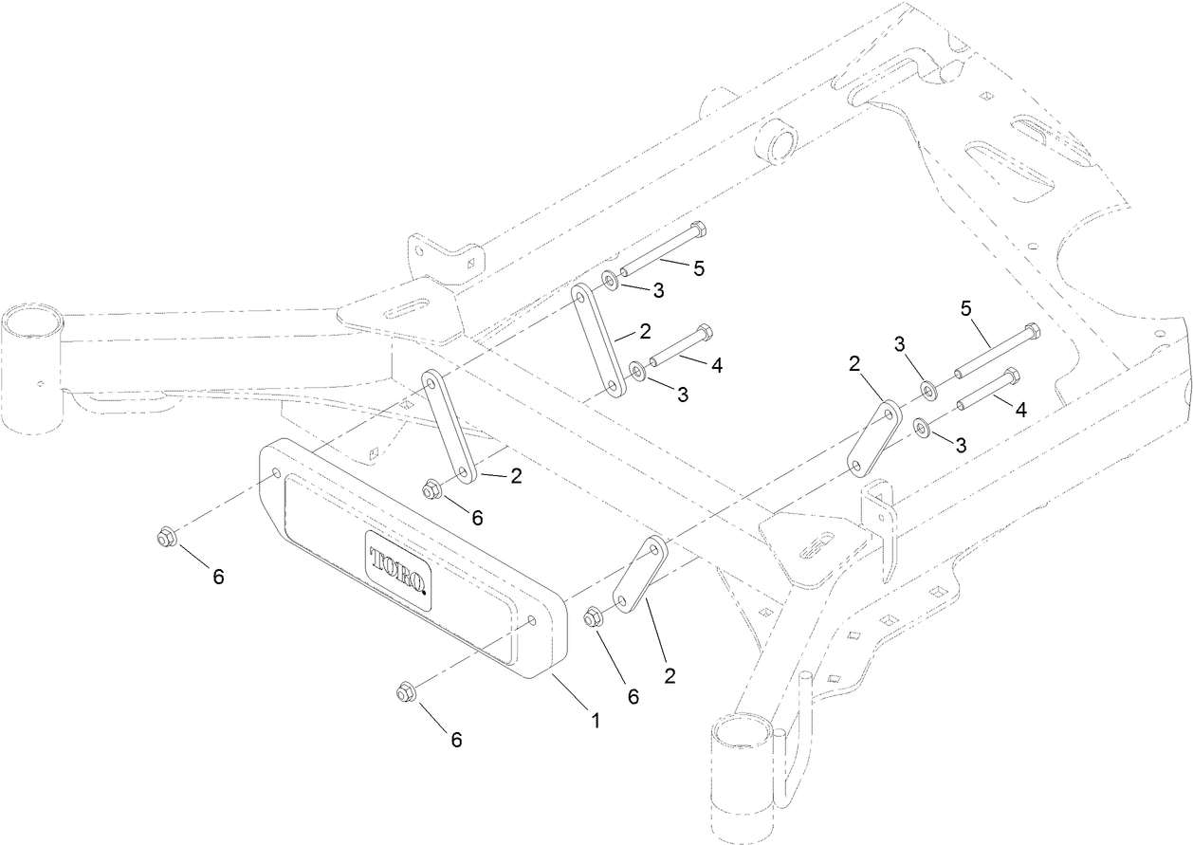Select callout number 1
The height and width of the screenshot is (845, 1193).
(596, 720)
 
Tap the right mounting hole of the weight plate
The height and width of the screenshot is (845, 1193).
(531, 623)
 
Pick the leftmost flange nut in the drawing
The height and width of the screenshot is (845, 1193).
(164, 538)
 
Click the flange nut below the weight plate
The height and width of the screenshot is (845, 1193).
(403, 693)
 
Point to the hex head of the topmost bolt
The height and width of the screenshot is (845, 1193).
(698, 230)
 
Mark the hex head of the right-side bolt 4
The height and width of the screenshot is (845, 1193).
(1011, 376)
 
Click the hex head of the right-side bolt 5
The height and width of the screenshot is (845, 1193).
(1031, 332)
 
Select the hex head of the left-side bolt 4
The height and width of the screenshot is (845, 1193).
(704, 333)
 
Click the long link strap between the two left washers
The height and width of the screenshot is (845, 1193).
(597, 343)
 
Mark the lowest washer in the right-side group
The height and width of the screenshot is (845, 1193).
(923, 428)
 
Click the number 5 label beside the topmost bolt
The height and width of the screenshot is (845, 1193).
(699, 268)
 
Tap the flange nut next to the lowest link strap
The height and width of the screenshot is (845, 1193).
(594, 617)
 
